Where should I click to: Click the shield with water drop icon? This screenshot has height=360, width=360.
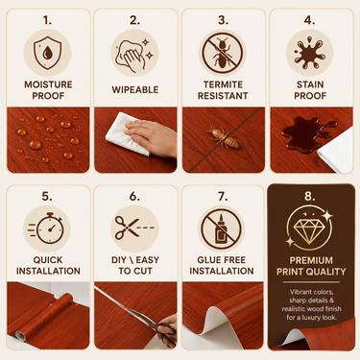(47, 53)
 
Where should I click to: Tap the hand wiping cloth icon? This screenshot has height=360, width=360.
(134, 53)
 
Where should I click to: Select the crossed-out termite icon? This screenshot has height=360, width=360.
(222, 53)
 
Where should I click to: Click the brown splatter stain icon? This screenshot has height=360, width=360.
(309, 53)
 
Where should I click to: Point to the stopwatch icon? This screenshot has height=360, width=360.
(47, 228)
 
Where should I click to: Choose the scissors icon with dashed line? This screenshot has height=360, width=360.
(134, 228)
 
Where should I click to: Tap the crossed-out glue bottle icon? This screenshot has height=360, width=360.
(221, 228)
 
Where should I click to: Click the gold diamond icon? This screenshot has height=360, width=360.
(309, 228)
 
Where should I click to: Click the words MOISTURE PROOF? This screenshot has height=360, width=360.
(48, 90)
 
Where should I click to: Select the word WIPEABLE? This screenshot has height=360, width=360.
(135, 89)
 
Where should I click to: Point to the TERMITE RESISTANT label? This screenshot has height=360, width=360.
(223, 90)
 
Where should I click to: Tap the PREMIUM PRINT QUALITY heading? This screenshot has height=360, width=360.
(311, 266)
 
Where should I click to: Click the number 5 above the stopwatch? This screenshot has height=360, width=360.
(47, 196)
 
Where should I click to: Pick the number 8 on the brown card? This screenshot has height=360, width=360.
(309, 196)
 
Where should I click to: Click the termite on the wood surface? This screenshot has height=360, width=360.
(224, 137)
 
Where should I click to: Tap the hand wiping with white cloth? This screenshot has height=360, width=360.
(151, 137)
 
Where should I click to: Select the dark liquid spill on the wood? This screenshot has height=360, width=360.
(306, 132)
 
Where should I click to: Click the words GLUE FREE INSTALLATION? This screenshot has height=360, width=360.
(222, 265)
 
